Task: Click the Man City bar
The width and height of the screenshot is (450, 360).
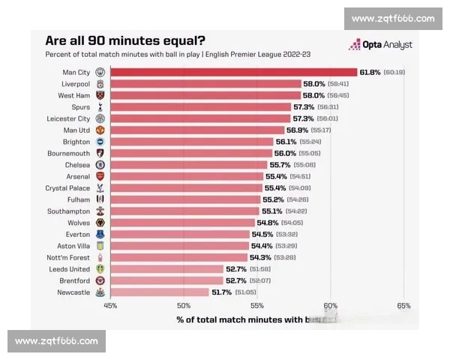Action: tap(232, 72)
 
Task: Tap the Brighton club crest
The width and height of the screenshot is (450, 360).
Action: tap(100, 141)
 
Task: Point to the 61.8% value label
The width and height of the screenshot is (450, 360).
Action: tap(370, 72)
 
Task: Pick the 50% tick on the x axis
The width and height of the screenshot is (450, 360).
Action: tap(184, 305)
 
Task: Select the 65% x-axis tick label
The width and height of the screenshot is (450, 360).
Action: tap(403, 305)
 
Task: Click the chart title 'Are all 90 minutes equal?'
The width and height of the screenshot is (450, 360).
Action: tap(125, 40)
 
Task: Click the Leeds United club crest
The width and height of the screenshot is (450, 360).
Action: tap(100, 268)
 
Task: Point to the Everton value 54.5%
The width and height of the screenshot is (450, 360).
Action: tap(262, 234)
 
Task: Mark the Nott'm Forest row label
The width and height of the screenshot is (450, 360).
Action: tap(68, 257)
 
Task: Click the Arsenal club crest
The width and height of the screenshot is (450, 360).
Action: tap(100, 176)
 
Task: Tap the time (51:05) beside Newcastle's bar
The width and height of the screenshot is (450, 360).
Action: tap(246, 292)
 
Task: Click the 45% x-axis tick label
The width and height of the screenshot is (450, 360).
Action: tap(110, 305)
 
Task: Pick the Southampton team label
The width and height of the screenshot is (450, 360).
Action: tap(69, 211)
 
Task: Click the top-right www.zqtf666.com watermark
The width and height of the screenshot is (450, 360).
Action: tap(392, 19)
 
